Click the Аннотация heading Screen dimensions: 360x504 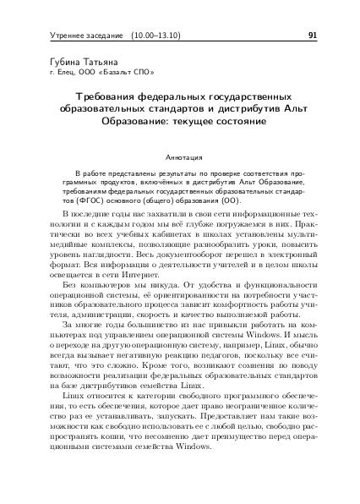pos(179,156)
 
